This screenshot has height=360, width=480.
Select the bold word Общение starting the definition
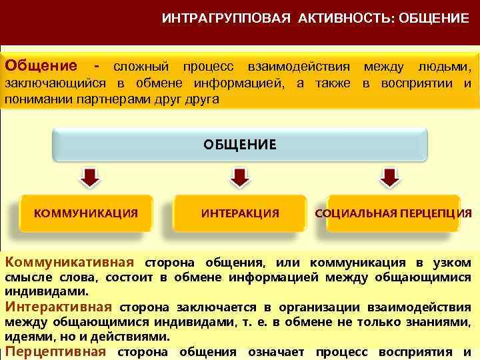point(41,67)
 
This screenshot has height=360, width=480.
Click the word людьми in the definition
point(445,67)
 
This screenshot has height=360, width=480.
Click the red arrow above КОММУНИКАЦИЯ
point(90,178)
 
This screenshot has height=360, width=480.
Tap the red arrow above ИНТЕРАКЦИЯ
point(239,178)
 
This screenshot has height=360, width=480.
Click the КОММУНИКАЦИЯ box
point(86,213)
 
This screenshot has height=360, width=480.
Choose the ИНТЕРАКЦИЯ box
point(239,213)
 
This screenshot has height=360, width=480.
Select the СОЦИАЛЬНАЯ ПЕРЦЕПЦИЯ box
point(393,213)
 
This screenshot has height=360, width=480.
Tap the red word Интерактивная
point(58,307)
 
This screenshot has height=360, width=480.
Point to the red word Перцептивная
point(55,351)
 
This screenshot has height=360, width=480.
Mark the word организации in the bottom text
point(323,307)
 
